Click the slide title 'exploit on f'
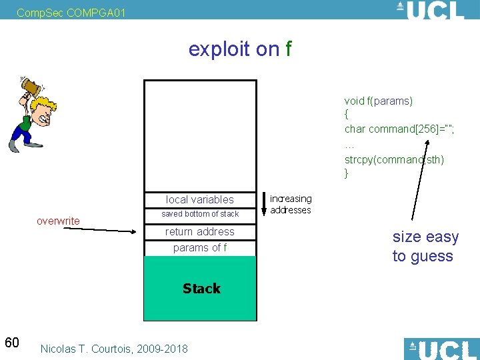(240, 49)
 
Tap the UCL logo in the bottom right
(441, 349)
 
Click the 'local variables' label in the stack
(200, 199)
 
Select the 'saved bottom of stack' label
(200, 214)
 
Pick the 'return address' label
(200, 231)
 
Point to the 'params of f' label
(200, 248)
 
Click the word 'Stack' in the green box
(201, 289)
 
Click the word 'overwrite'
(58, 221)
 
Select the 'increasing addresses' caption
(291, 204)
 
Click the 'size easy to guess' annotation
(425, 247)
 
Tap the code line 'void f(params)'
(379, 101)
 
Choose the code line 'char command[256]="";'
(399, 129)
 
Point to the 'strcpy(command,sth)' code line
(394, 159)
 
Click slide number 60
(12, 343)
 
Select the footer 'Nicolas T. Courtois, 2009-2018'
(114, 349)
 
